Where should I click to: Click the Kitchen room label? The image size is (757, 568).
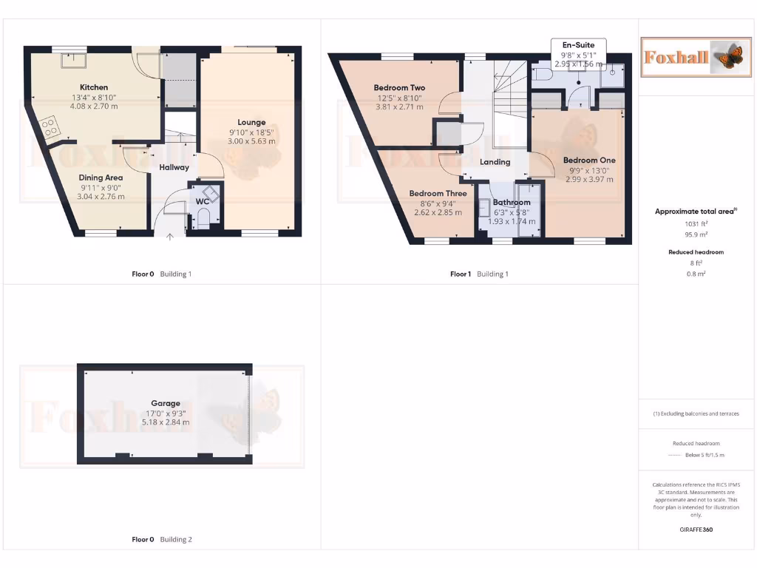coord(94,87)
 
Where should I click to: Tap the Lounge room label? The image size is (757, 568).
coord(251,122)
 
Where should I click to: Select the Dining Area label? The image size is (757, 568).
coord(101,177)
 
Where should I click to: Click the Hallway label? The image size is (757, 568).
coord(174,167)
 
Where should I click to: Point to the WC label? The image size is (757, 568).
coord(202,201)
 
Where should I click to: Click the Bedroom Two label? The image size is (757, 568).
coord(398,88)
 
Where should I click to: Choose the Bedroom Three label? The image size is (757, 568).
coord(438,194)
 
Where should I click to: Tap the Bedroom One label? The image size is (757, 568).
coord(588,160)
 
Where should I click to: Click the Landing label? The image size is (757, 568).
coord(495,162)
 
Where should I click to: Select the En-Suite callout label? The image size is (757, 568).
coord(579,45)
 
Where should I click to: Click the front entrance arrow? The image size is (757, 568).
coord(170,237)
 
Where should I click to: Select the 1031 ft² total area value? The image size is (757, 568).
coord(695,223)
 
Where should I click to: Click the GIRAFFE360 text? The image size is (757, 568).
coord(695,530)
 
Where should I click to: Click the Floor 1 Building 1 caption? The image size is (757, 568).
coord(479,274)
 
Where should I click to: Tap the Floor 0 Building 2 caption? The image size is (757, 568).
coord(161,539)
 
